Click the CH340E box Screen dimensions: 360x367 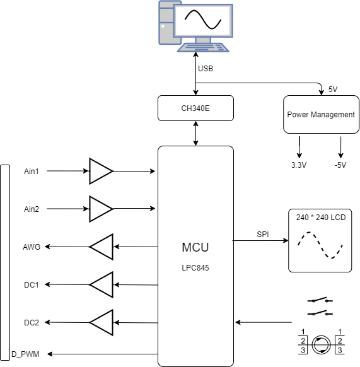tap(195, 108)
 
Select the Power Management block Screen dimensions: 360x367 tap(321, 115)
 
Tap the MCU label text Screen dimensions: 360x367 tap(195, 247)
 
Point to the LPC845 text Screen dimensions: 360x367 tap(195, 268)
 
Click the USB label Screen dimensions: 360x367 tap(206, 69)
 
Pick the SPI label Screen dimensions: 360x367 tap(263, 235)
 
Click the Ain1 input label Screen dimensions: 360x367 tap(32, 172)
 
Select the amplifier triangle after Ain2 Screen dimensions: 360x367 tap(101, 209)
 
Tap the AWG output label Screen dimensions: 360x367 tap(32, 247)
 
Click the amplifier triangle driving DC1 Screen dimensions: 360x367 tap(102, 284)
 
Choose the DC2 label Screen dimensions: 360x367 tap(32, 323)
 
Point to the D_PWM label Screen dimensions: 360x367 tap(25, 354)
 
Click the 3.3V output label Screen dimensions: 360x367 tap(299, 165)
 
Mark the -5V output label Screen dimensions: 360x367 tap(340, 165)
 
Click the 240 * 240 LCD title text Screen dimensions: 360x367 tap(321, 218)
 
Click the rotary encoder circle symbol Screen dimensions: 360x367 tap(321, 345)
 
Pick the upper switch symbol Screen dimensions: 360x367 tap(320, 300)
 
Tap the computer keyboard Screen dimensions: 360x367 tap(203, 47)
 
